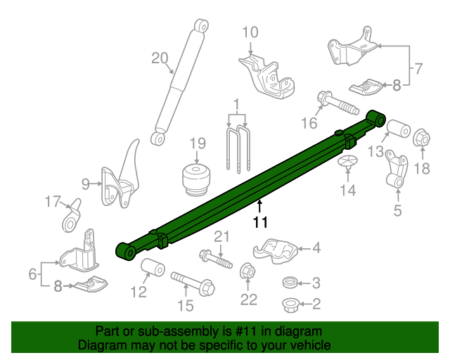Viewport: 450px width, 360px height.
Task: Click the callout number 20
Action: click(160, 58)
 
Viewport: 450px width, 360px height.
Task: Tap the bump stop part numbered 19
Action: click(197, 180)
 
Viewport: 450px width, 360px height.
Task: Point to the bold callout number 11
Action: click(261, 222)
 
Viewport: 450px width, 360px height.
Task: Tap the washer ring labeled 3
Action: click(289, 283)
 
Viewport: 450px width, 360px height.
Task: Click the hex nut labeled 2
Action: click(289, 304)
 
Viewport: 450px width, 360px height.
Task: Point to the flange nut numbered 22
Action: click(247, 271)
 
